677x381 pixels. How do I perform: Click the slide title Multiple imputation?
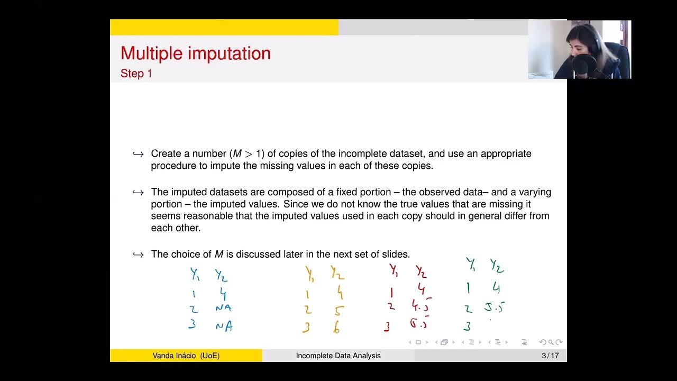[x=195, y=53]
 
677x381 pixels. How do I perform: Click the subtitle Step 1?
[x=136, y=74]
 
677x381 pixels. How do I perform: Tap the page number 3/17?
[x=550, y=356]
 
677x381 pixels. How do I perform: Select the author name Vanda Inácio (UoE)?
[x=186, y=356]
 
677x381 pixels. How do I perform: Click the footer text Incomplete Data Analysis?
[x=338, y=356]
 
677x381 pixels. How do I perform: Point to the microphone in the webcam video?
[x=582, y=65]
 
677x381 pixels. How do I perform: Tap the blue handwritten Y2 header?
[x=221, y=275]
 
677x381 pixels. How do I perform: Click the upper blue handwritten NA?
[x=223, y=308]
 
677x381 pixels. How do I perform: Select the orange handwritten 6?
[x=336, y=328]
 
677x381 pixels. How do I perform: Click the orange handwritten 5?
[x=338, y=311]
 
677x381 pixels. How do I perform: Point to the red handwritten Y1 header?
[x=394, y=270]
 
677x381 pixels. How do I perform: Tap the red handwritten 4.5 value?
[x=420, y=306]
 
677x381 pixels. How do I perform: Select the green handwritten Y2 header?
[x=496, y=266]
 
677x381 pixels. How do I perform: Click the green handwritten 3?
[x=467, y=326]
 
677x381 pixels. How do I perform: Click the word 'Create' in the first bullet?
[x=166, y=153]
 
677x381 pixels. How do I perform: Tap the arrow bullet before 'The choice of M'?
[x=138, y=255]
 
